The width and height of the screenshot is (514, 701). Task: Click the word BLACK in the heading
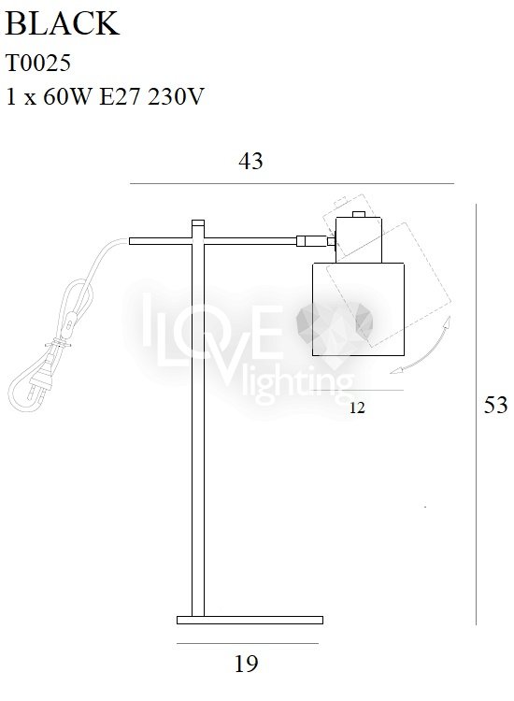coord(62,23)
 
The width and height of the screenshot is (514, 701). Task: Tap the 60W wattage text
coord(66,96)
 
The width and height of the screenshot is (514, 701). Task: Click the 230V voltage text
coord(176,96)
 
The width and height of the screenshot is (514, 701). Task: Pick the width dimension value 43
coord(250,161)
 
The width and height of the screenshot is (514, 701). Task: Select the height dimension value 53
coord(495,405)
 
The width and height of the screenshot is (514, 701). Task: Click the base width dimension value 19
coord(247,664)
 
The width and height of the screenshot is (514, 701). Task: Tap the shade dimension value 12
coord(357,408)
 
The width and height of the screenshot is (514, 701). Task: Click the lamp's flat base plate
coord(250,620)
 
